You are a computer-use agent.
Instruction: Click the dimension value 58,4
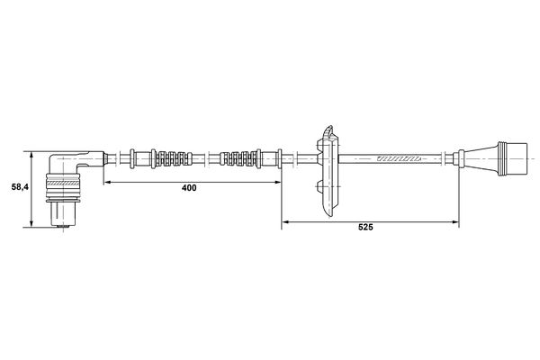[20, 187]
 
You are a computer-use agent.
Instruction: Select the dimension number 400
[189, 188]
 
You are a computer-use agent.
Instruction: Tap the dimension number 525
[365, 227]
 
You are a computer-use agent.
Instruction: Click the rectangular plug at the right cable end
[513, 158]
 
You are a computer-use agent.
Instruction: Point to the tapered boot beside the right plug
[479, 158]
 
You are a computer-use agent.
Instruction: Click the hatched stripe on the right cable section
[399, 158]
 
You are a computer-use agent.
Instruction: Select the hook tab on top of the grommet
[328, 131]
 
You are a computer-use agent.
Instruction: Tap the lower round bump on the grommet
[319, 186]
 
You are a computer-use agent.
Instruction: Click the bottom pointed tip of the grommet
[330, 216]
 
